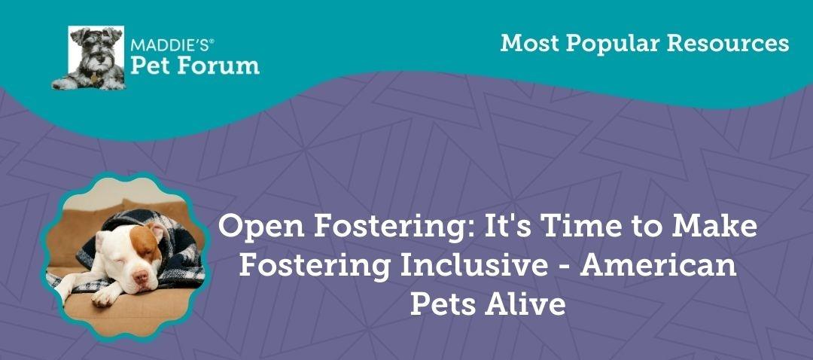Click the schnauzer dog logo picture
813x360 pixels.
pos(88,58)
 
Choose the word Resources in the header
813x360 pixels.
pos(729,44)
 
